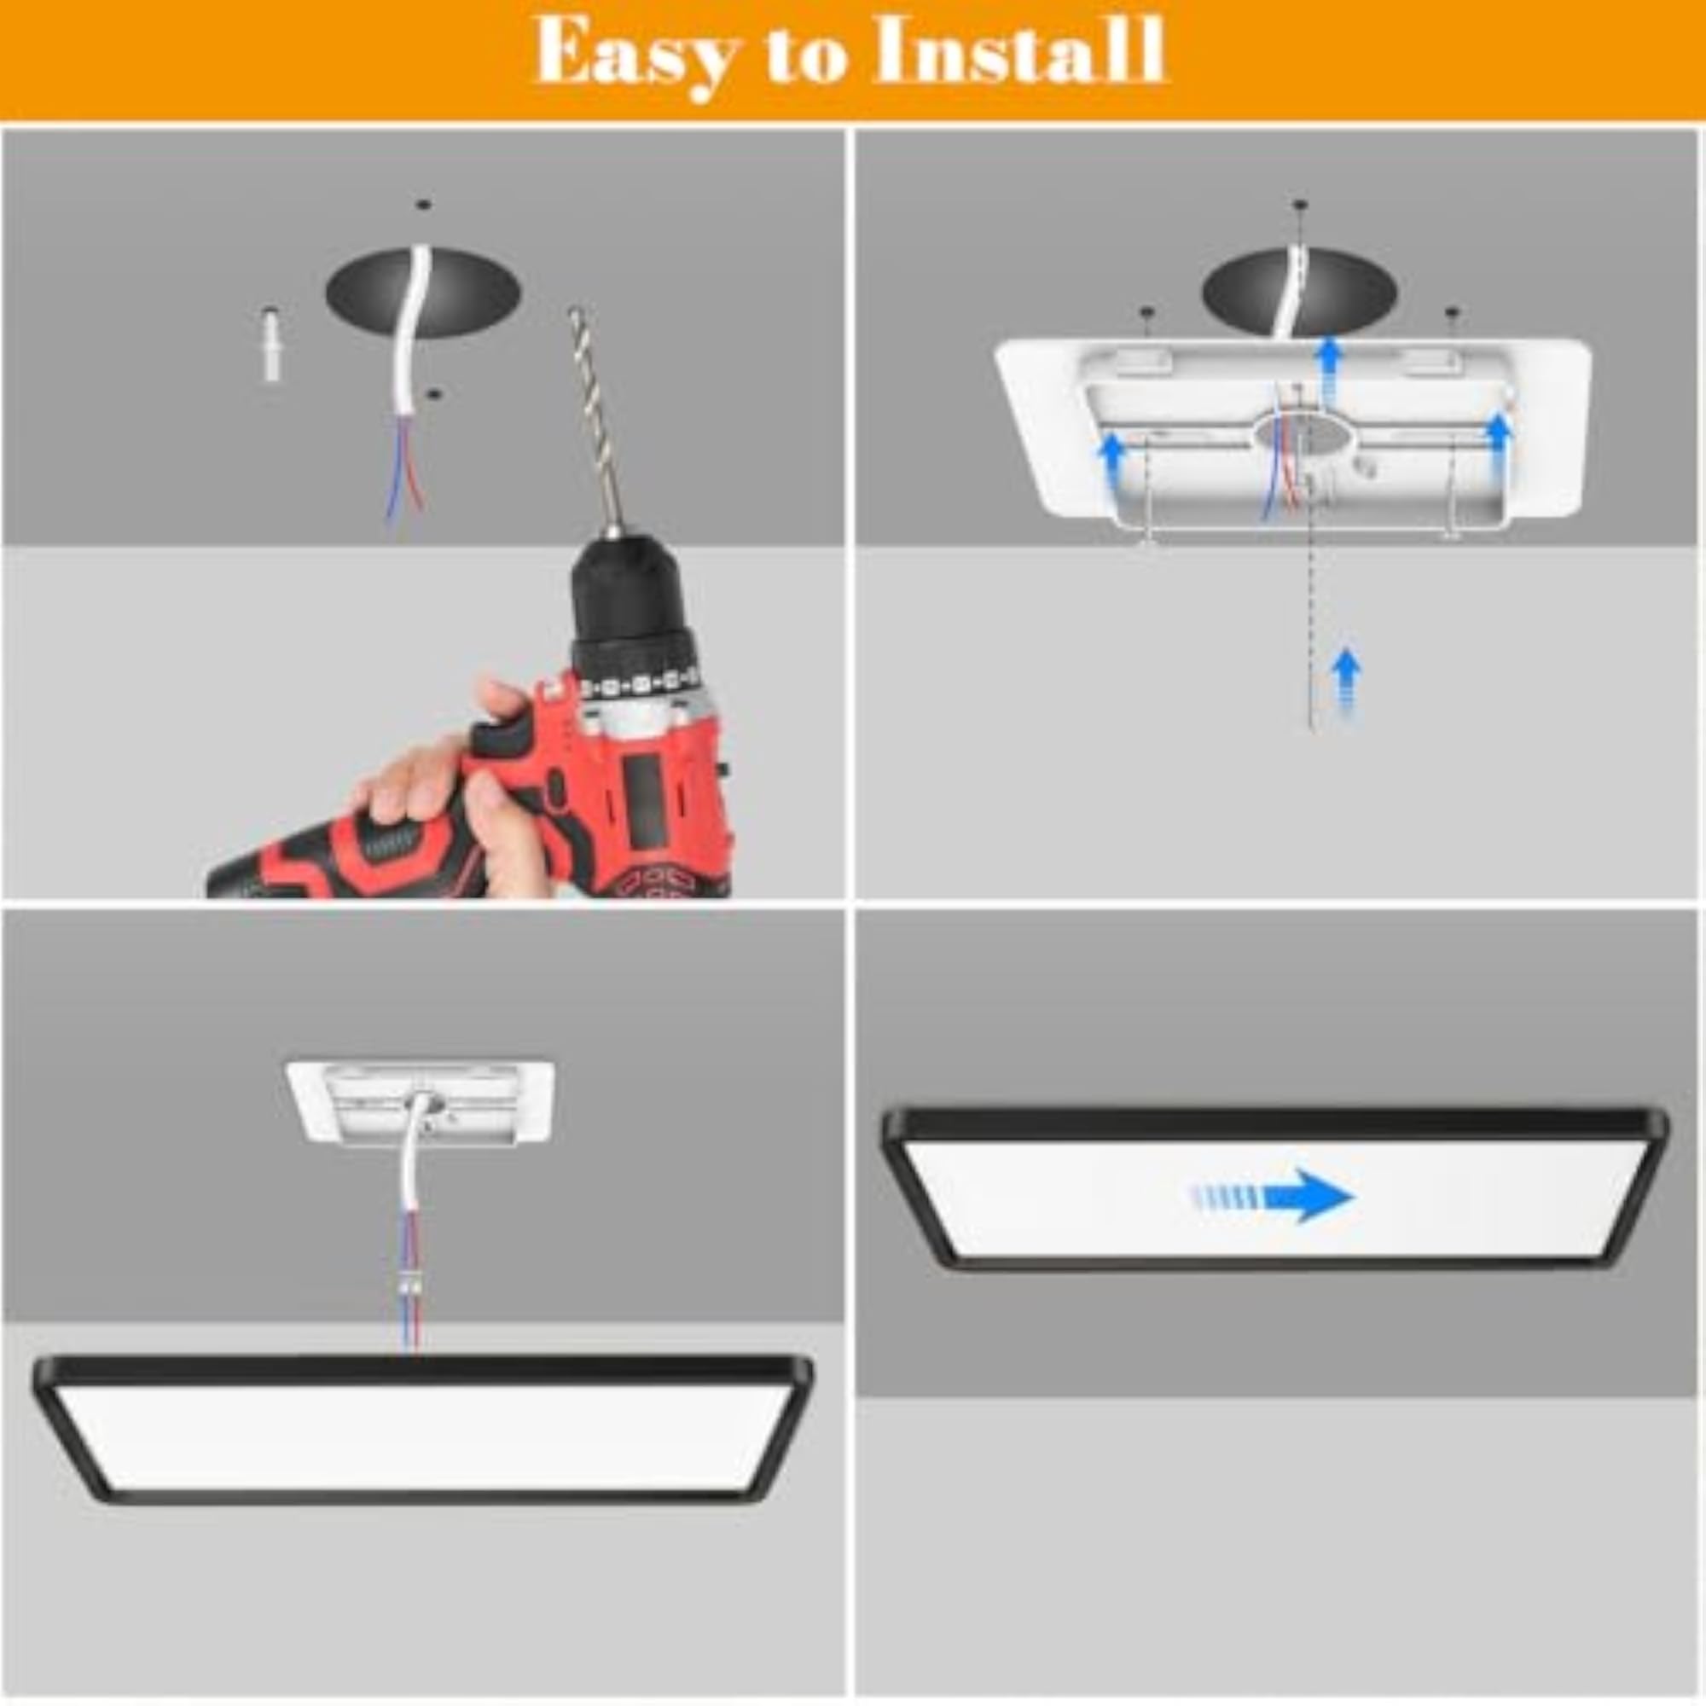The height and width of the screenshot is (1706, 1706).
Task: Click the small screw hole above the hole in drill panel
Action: coord(424,205)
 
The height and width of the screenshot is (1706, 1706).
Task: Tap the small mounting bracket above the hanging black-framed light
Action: coord(421,1103)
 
